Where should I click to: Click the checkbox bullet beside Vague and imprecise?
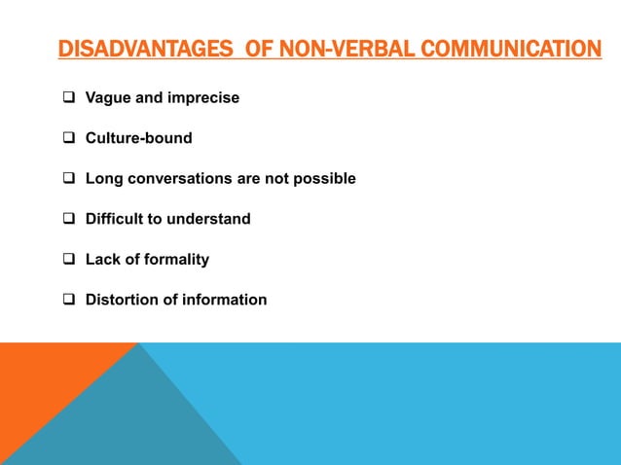click(x=70, y=97)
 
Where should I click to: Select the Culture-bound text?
click(x=138, y=138)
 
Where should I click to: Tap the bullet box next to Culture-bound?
click(x=70, y=138)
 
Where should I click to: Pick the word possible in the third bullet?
click(x=326, y=179)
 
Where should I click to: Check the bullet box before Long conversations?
click(x=70, y=179)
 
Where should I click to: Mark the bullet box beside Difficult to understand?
click(x=70, y=219)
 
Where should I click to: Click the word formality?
click(x=175, y=260)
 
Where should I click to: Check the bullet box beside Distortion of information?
click(x=70, y=300)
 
